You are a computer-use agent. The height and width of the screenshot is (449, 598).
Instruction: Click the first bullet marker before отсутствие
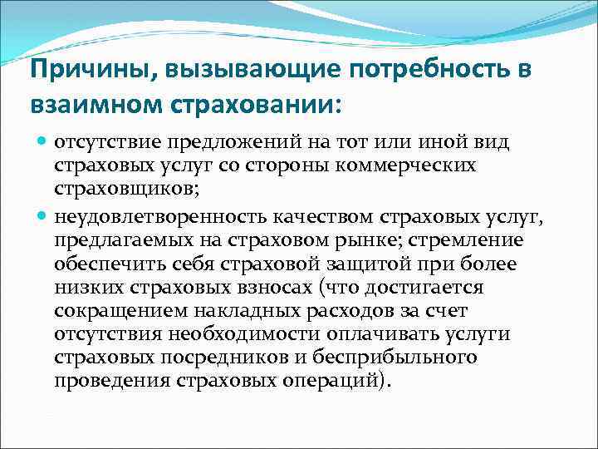42,142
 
